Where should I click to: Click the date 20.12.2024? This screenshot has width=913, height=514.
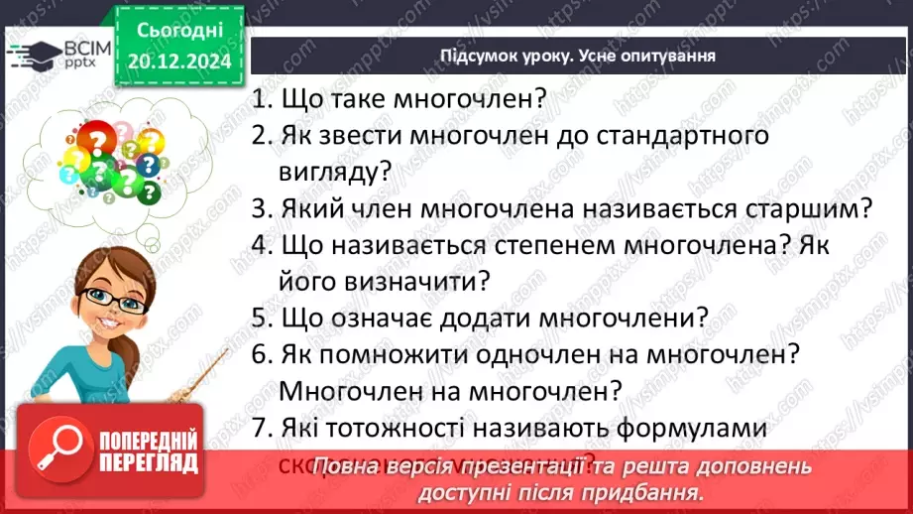(179, 61)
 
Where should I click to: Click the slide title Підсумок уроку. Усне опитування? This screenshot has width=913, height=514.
(578, 56)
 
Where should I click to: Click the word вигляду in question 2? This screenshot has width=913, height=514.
(332, 171)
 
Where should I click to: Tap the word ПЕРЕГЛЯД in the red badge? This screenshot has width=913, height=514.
(148, 461)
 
